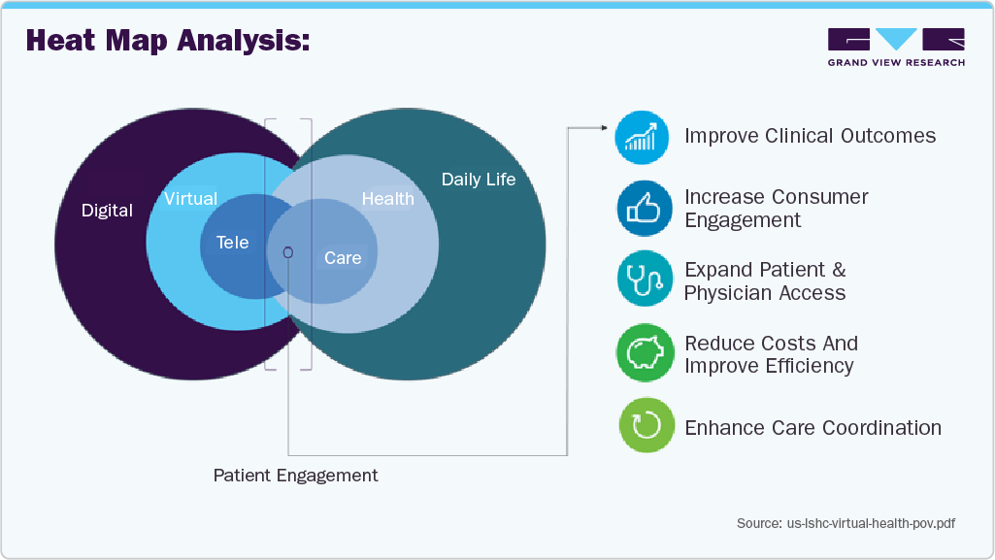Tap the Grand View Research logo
(x=896, y=47)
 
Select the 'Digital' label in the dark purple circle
(x=107, y=211)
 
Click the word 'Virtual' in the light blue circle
(x=190, y=199)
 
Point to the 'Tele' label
(x=232, y=243)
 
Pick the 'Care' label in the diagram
(x=343, y=258)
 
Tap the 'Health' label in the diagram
(x=387, y=199)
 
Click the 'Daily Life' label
(x=479, y=180)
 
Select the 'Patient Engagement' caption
(x=295, y=476)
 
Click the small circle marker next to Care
(x=287, y=251)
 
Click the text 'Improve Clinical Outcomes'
(x=810, y=136)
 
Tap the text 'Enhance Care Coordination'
(x=813, y=428)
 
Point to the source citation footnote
(x=846, y=523)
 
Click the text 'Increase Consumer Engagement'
(x=776, y=209)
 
